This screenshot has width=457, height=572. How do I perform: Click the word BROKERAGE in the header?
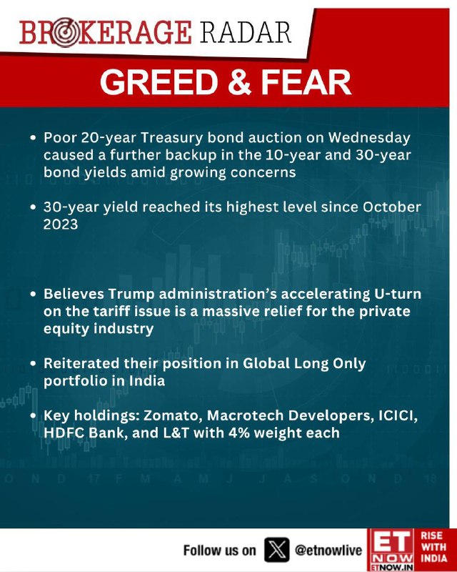(x=106, y=33)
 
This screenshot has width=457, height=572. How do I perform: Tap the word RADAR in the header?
(x=245, y=32)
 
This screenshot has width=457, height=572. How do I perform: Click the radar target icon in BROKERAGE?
(x=64, y=33)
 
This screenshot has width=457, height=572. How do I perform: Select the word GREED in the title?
(x=159, y=82)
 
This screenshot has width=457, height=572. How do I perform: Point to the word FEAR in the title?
(x=306, y=82)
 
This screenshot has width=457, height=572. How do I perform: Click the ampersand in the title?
(x=239, y=82)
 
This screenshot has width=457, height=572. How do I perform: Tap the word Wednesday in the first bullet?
(x=369, y=138)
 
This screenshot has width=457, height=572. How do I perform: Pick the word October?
(x=392, y=207)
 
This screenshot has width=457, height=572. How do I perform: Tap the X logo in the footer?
(x=276, y=549)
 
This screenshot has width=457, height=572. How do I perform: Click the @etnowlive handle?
(x=328, y=550)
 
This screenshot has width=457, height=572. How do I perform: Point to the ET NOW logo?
(x=391, y=550)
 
